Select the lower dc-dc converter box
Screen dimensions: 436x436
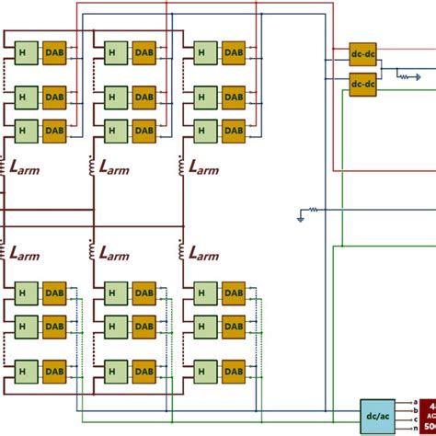pos(362,85)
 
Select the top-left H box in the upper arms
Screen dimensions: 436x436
pos(23,53)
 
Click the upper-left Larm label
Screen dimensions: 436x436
pos(28,167)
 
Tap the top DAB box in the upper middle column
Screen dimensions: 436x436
pos(144,53)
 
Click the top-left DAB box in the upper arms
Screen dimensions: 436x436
pos(54,53)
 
